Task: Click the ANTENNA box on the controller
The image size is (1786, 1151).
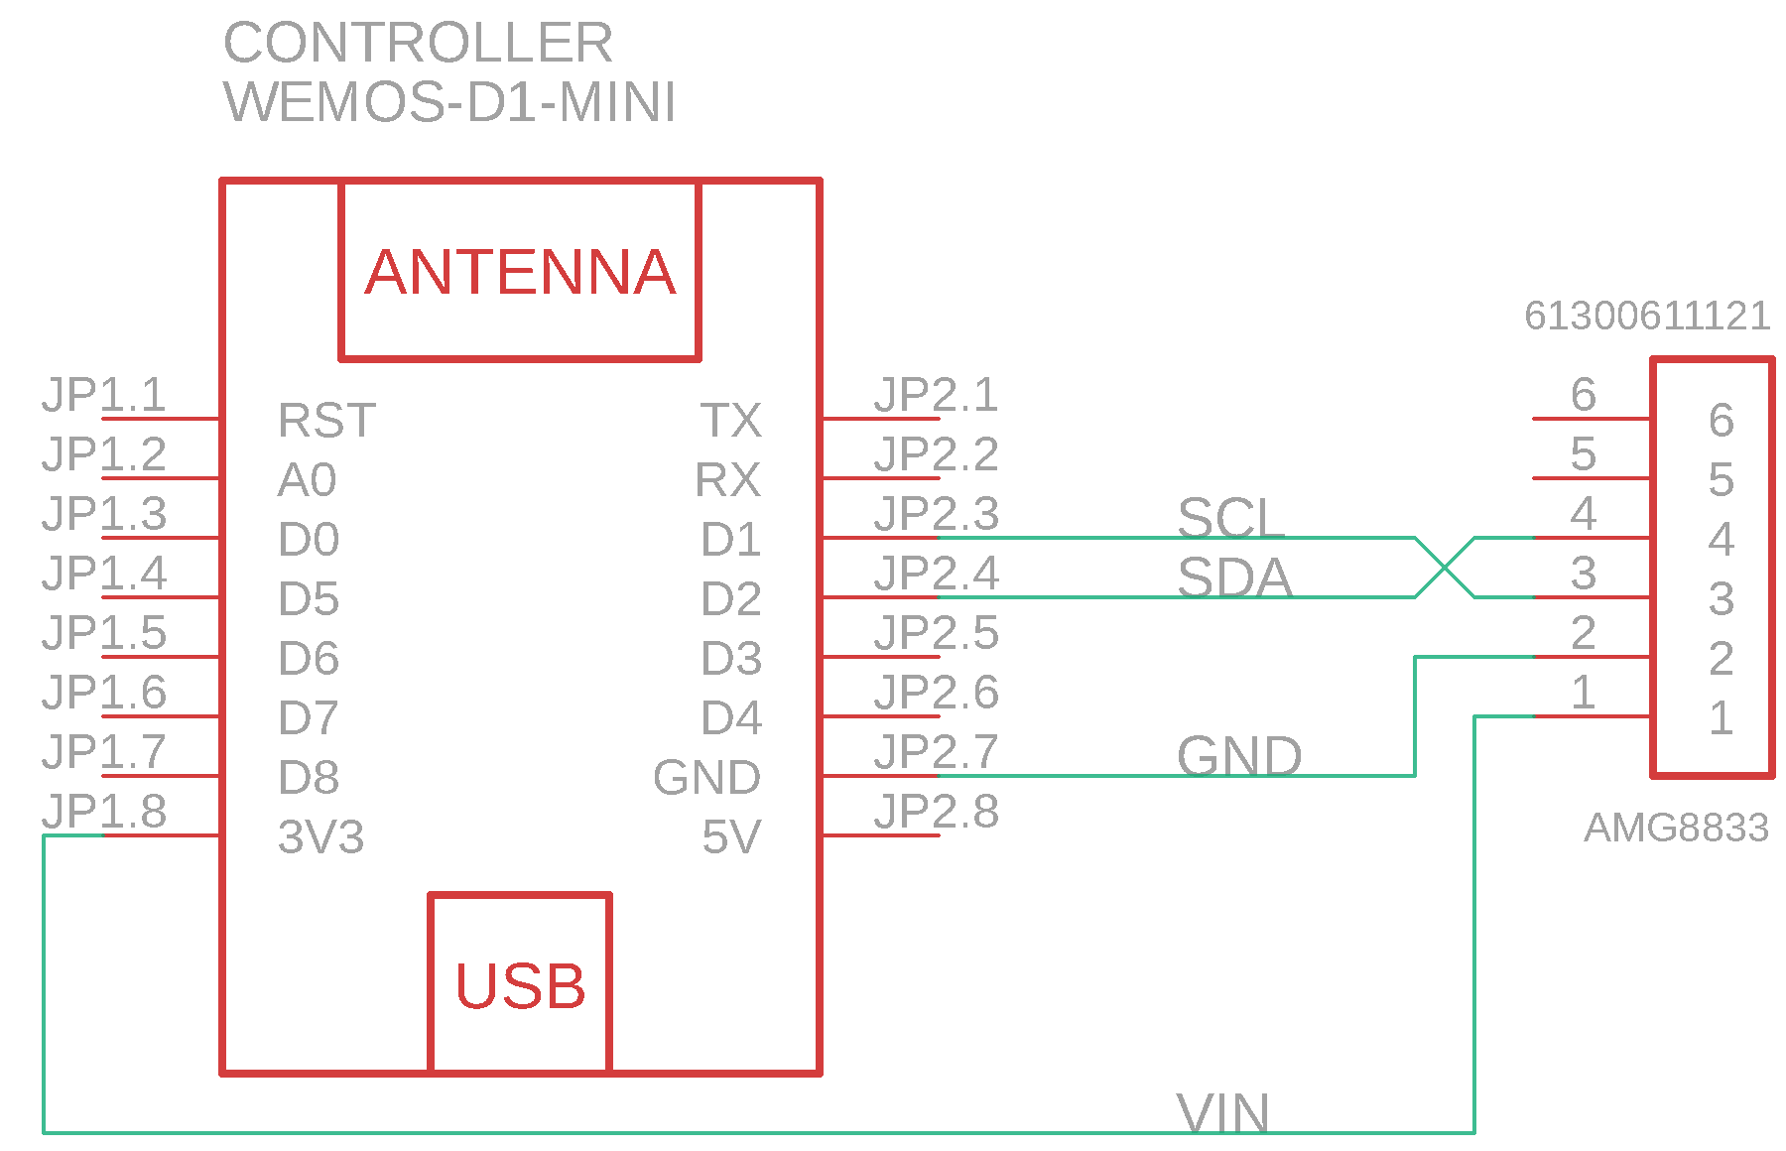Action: [520, 270]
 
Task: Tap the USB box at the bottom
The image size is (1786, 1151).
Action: [520, 984]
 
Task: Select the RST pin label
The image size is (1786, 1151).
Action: [326, 421]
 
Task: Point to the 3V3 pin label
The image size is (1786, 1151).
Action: [320, 837]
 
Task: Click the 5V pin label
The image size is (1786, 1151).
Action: [731, 837]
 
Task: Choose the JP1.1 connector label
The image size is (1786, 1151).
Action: [104, 395]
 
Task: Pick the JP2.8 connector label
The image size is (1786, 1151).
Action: [936, 812]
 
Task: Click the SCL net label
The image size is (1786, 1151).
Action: [1230, 517]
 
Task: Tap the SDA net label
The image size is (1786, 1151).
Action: [1234, 576]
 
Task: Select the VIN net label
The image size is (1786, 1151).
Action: [1222, 1113]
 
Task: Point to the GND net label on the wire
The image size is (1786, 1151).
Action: [1239, 756]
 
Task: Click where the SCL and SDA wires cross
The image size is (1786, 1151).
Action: [1445, 568]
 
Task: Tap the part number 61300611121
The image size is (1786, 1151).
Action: [1647, 317]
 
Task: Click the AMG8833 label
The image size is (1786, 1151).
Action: [1676, 828]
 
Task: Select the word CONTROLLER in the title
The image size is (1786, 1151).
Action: [418, 43]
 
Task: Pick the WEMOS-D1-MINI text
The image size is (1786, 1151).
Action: [450, 102]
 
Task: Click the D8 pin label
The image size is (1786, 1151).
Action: [309, 778]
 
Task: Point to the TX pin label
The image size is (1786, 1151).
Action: [731, 421]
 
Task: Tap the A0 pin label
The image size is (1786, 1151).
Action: [308, 480]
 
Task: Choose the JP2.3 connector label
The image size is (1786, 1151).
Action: [936, 514]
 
